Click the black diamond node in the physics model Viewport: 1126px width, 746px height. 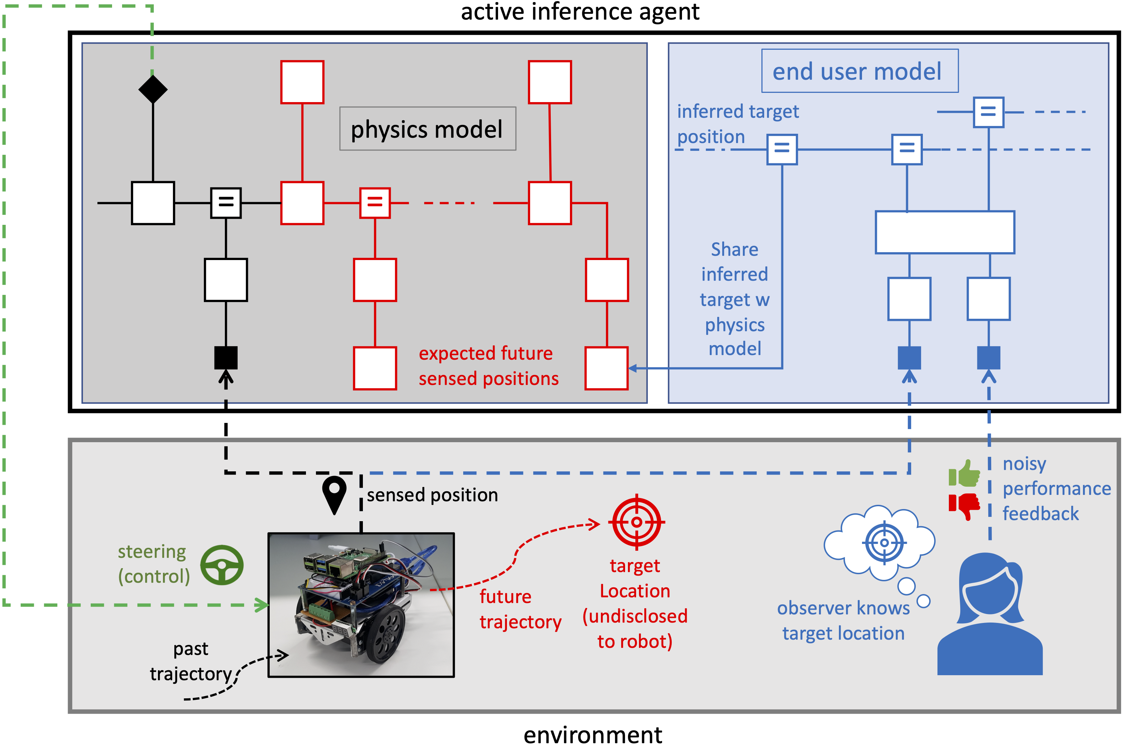click(x=153, y=89)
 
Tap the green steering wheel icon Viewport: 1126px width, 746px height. click(x=222, y=565)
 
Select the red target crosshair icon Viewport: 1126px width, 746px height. click(x=636, y=522)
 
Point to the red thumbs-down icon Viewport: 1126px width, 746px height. click(x=964, y=506)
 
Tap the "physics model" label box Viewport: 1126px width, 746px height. click(x=428, y=129)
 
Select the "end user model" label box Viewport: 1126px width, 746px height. click(x=860, y=71)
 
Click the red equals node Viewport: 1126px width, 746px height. click(x=375, y=203)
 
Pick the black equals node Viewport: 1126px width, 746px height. click(x=226, y=203)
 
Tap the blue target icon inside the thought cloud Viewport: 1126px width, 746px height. click(x=884, y=543)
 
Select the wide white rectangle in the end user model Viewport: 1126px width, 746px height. click(x=945, y=233)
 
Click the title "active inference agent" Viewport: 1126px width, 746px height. click(x=580, y=12)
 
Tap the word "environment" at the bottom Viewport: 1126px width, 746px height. click(x=593, y=735)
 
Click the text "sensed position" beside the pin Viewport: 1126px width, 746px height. click(x=432, y=495)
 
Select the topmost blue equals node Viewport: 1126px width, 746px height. click(x=989, y=112)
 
